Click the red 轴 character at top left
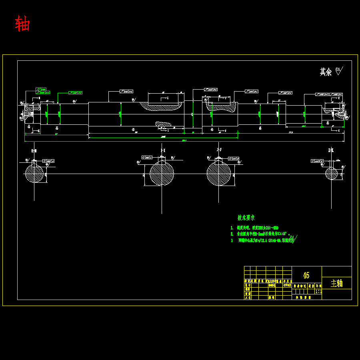(22, 24)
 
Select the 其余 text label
(326, 72)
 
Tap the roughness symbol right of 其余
(339, 71)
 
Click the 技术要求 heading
(246, 218)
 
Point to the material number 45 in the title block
(306, 275)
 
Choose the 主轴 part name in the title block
(337, 283)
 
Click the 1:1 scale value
(318, 292)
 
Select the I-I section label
(162, 150)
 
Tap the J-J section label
(219, 150)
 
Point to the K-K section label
(331, 150)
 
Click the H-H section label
(34, 150)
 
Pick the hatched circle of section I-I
(162, 174)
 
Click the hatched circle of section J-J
(219, 174)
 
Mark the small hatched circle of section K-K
(331, 174)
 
